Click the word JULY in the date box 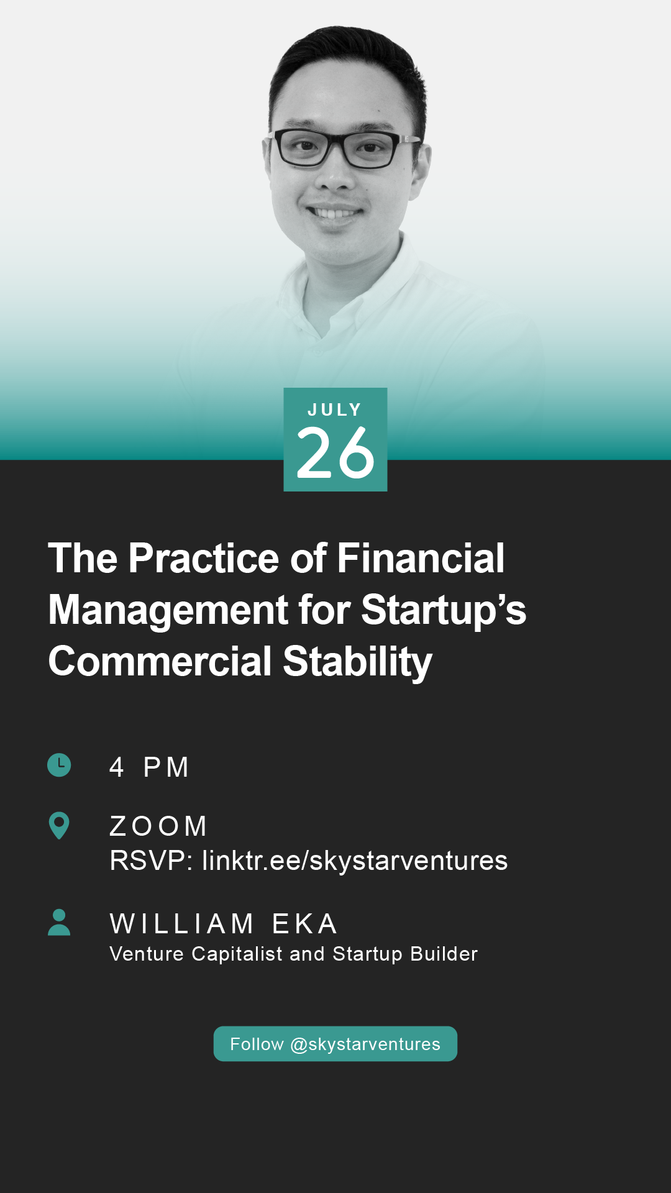click(x=334, y=410)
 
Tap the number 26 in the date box click(x=335, y=453)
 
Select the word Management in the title click(x=168, y=610)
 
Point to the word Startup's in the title click(x=444, y=610)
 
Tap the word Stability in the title click(x=358, y=662)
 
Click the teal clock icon click(x=60, y=765)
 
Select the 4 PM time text click(x=149, y=767)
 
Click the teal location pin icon click(x=59, y=825)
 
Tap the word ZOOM click(x=158, y=826)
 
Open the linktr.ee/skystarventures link click(x=355, y=861)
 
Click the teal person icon click(x=59, y=922)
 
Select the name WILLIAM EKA click(x=224, y=924)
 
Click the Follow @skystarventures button click(x=335, y=1044)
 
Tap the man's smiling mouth click(x=335, y=213)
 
